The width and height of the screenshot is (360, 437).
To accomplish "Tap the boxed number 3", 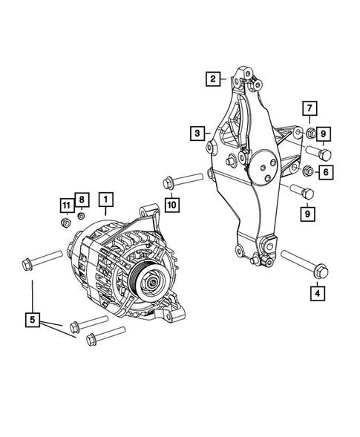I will coord(196,134).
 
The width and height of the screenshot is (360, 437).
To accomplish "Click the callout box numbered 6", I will coord(324,173).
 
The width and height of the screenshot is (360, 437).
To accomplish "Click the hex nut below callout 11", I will coord(65,220).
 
